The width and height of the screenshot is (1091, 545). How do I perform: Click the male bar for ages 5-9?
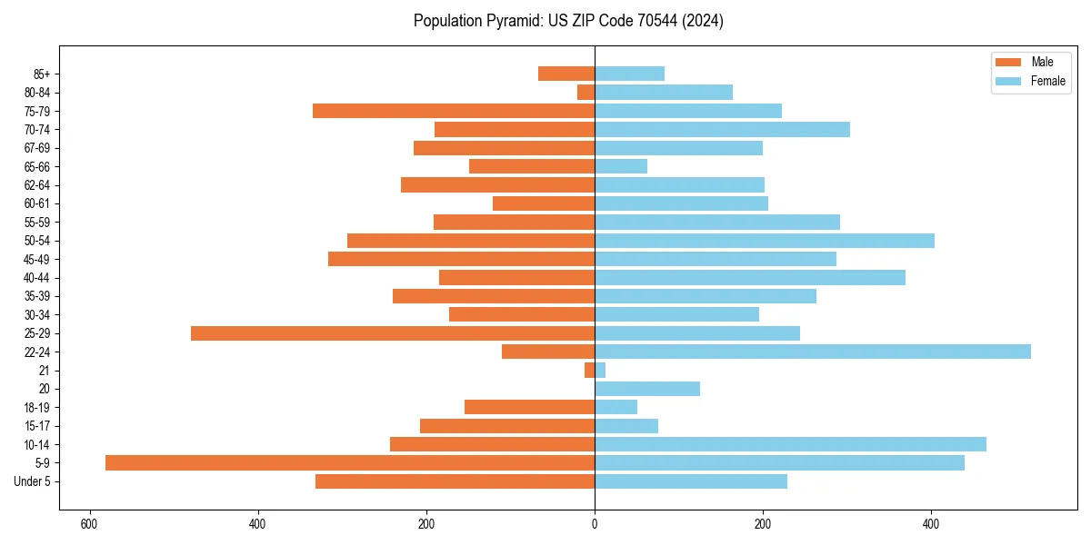point(350,462)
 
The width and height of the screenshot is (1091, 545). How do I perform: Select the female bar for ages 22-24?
point(812,352)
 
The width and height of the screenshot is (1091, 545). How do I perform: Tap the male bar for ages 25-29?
point(393,333)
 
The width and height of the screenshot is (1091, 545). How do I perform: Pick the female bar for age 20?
point(647,389)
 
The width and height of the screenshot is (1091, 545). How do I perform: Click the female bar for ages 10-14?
point(790,444)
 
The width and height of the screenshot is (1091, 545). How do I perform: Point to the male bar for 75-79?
point(454,111)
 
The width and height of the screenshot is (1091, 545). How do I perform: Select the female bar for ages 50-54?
point(764,241)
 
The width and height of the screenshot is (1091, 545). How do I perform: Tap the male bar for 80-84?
point(586,93)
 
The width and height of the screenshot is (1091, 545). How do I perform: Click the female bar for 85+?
point(629,74)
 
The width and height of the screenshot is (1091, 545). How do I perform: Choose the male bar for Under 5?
point(455,481)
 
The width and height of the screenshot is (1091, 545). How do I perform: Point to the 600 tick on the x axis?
point(89,524)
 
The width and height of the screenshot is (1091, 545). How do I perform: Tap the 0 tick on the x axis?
point(595,524)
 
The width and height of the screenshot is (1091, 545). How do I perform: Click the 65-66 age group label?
point(37,166)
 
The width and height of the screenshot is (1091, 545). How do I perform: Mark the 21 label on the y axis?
point(44,371)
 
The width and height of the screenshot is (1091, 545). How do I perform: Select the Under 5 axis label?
point(33,481)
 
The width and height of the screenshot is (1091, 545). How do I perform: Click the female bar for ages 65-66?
point(621,166)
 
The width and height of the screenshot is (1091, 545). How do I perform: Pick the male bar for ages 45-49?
point(461,259)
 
